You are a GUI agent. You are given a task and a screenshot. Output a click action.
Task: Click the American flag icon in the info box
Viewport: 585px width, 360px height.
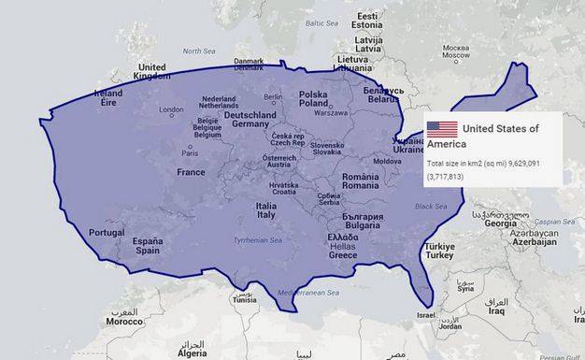point(442,130)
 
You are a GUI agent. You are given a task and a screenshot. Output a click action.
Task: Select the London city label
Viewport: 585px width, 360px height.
point(172,110)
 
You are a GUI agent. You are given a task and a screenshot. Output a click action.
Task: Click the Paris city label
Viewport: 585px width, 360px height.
point(190,152)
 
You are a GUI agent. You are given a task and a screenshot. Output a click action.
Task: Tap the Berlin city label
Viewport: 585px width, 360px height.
point(273,97)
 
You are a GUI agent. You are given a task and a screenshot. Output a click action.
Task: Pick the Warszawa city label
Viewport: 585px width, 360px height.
point(330,113)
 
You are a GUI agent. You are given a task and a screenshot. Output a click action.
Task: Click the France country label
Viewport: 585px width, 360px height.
point(191,172)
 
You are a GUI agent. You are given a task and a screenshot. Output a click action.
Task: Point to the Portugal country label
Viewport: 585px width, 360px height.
point(107,233)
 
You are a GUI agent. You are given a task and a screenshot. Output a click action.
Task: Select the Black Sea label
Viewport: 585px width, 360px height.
point(431,206)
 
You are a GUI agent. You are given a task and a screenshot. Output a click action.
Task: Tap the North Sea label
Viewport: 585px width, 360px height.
point(198,51)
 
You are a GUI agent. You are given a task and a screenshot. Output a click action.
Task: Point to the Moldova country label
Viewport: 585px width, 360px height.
point(387,161)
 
